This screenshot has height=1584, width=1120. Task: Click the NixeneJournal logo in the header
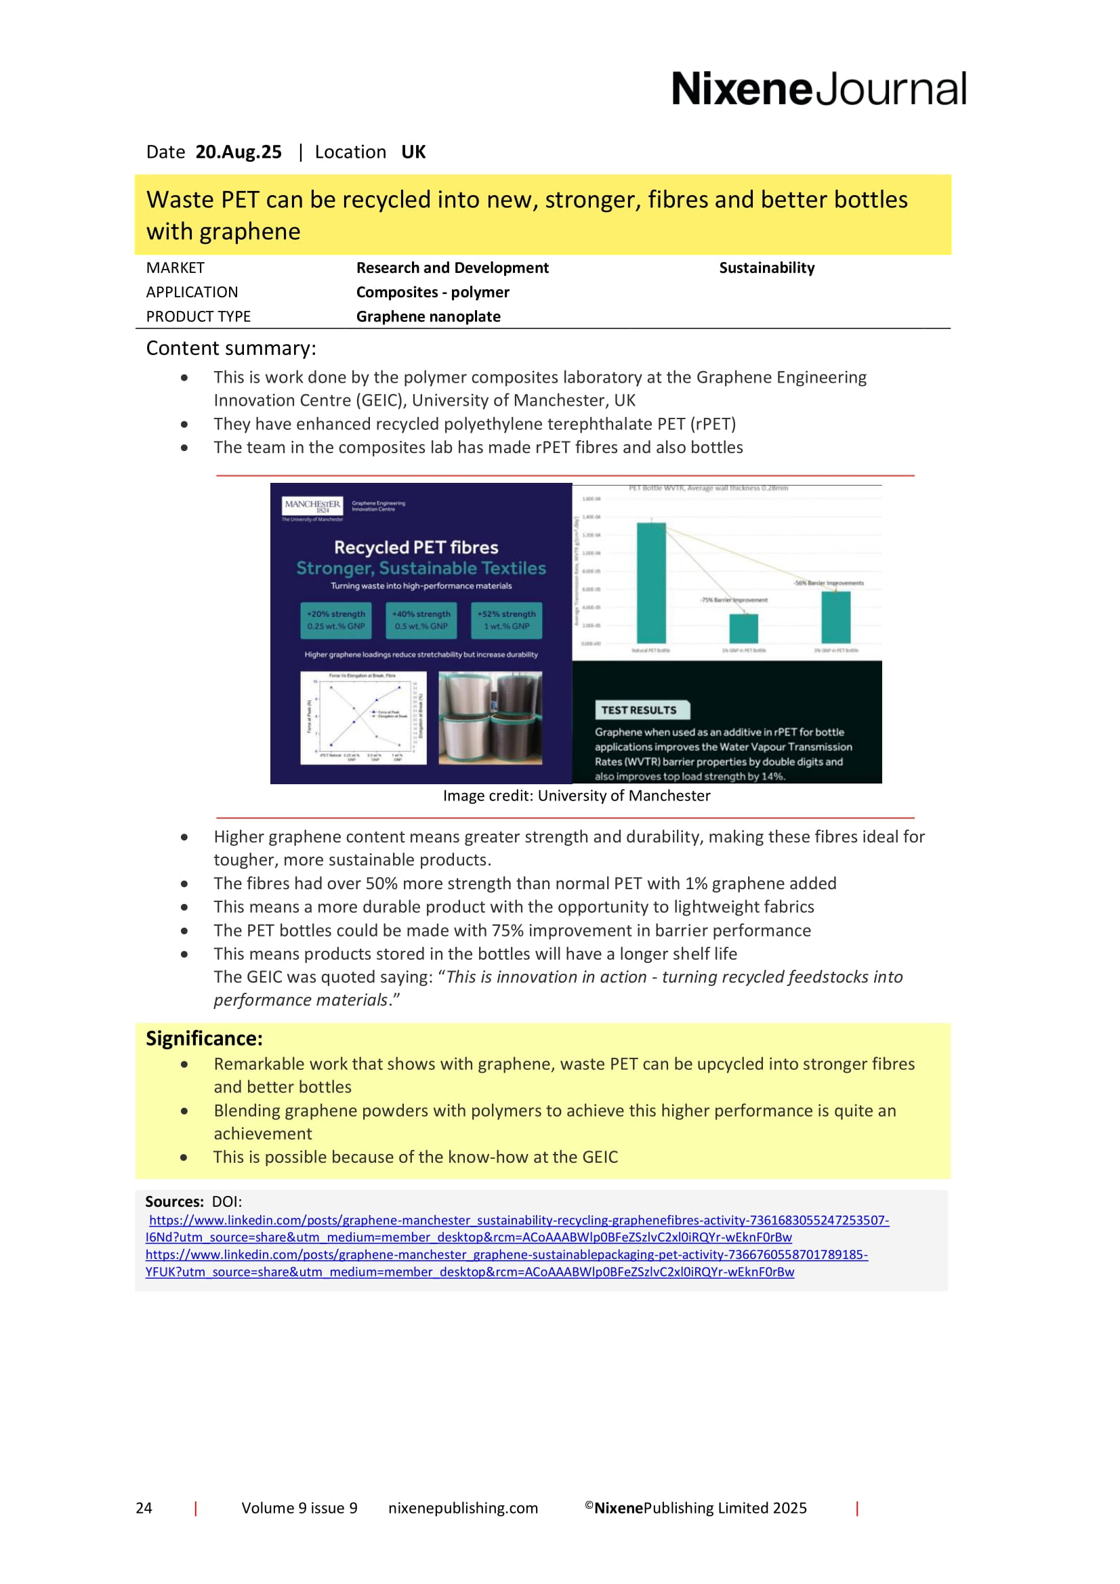pyautogui.click(x=818, y=89)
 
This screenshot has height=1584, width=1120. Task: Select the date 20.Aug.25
pyautogui.click(x=238, y=152)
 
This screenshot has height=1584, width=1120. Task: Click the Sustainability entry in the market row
pyautogui.click(x=766, y=267)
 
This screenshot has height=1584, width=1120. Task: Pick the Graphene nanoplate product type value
pyautogui.click(x=428, y=317)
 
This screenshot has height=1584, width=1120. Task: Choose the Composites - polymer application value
pyautogui.click(x=432, y=292)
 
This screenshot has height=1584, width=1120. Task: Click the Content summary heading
pyautogui.click(x=230, y=348)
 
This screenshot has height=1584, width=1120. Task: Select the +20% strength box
pyautogui.click(x=336, y=620)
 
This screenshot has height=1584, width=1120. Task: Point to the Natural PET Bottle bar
pyautogui.click(x=650, y=583)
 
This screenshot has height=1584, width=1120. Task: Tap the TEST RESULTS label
pyautogui.click(x=638, y=710)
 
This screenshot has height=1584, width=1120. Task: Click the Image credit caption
pyautogui.click(x=576, y=796)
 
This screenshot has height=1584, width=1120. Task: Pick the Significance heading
pyautogui.click(x=203, y=1038)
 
